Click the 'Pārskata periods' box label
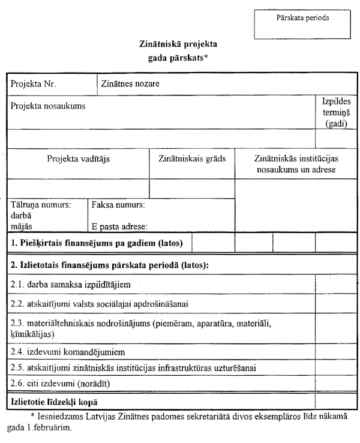click(x=302, y=19)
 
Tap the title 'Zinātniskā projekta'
click(x=178, y=44)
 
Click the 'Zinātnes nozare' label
click(x=130, y=83)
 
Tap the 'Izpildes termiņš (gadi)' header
click(x=337, y=112)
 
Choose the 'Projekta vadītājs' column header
click(x=78, y=159)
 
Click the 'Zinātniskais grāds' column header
click(x=192, y=159)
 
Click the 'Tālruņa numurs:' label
click(x=41, y=205)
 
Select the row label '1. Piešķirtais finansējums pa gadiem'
click(x=97, y=243)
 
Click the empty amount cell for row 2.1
click(x=337, y=283)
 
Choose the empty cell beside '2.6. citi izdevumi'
click(x=337, y=382)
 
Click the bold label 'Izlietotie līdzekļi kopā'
click(x=54, y=400)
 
